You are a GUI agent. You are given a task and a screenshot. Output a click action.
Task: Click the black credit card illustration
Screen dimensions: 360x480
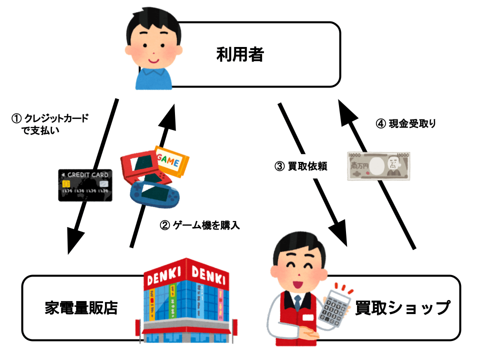click(85, 185)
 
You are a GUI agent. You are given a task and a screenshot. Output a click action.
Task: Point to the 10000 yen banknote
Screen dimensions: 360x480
click(378, 166)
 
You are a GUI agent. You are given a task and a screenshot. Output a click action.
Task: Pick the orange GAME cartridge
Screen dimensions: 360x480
click(172, 160)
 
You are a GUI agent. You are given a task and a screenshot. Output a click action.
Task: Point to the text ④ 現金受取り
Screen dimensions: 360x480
click(405, 123)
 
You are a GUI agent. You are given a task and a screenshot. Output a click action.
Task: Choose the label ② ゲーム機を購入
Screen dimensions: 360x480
click(199, 225)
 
